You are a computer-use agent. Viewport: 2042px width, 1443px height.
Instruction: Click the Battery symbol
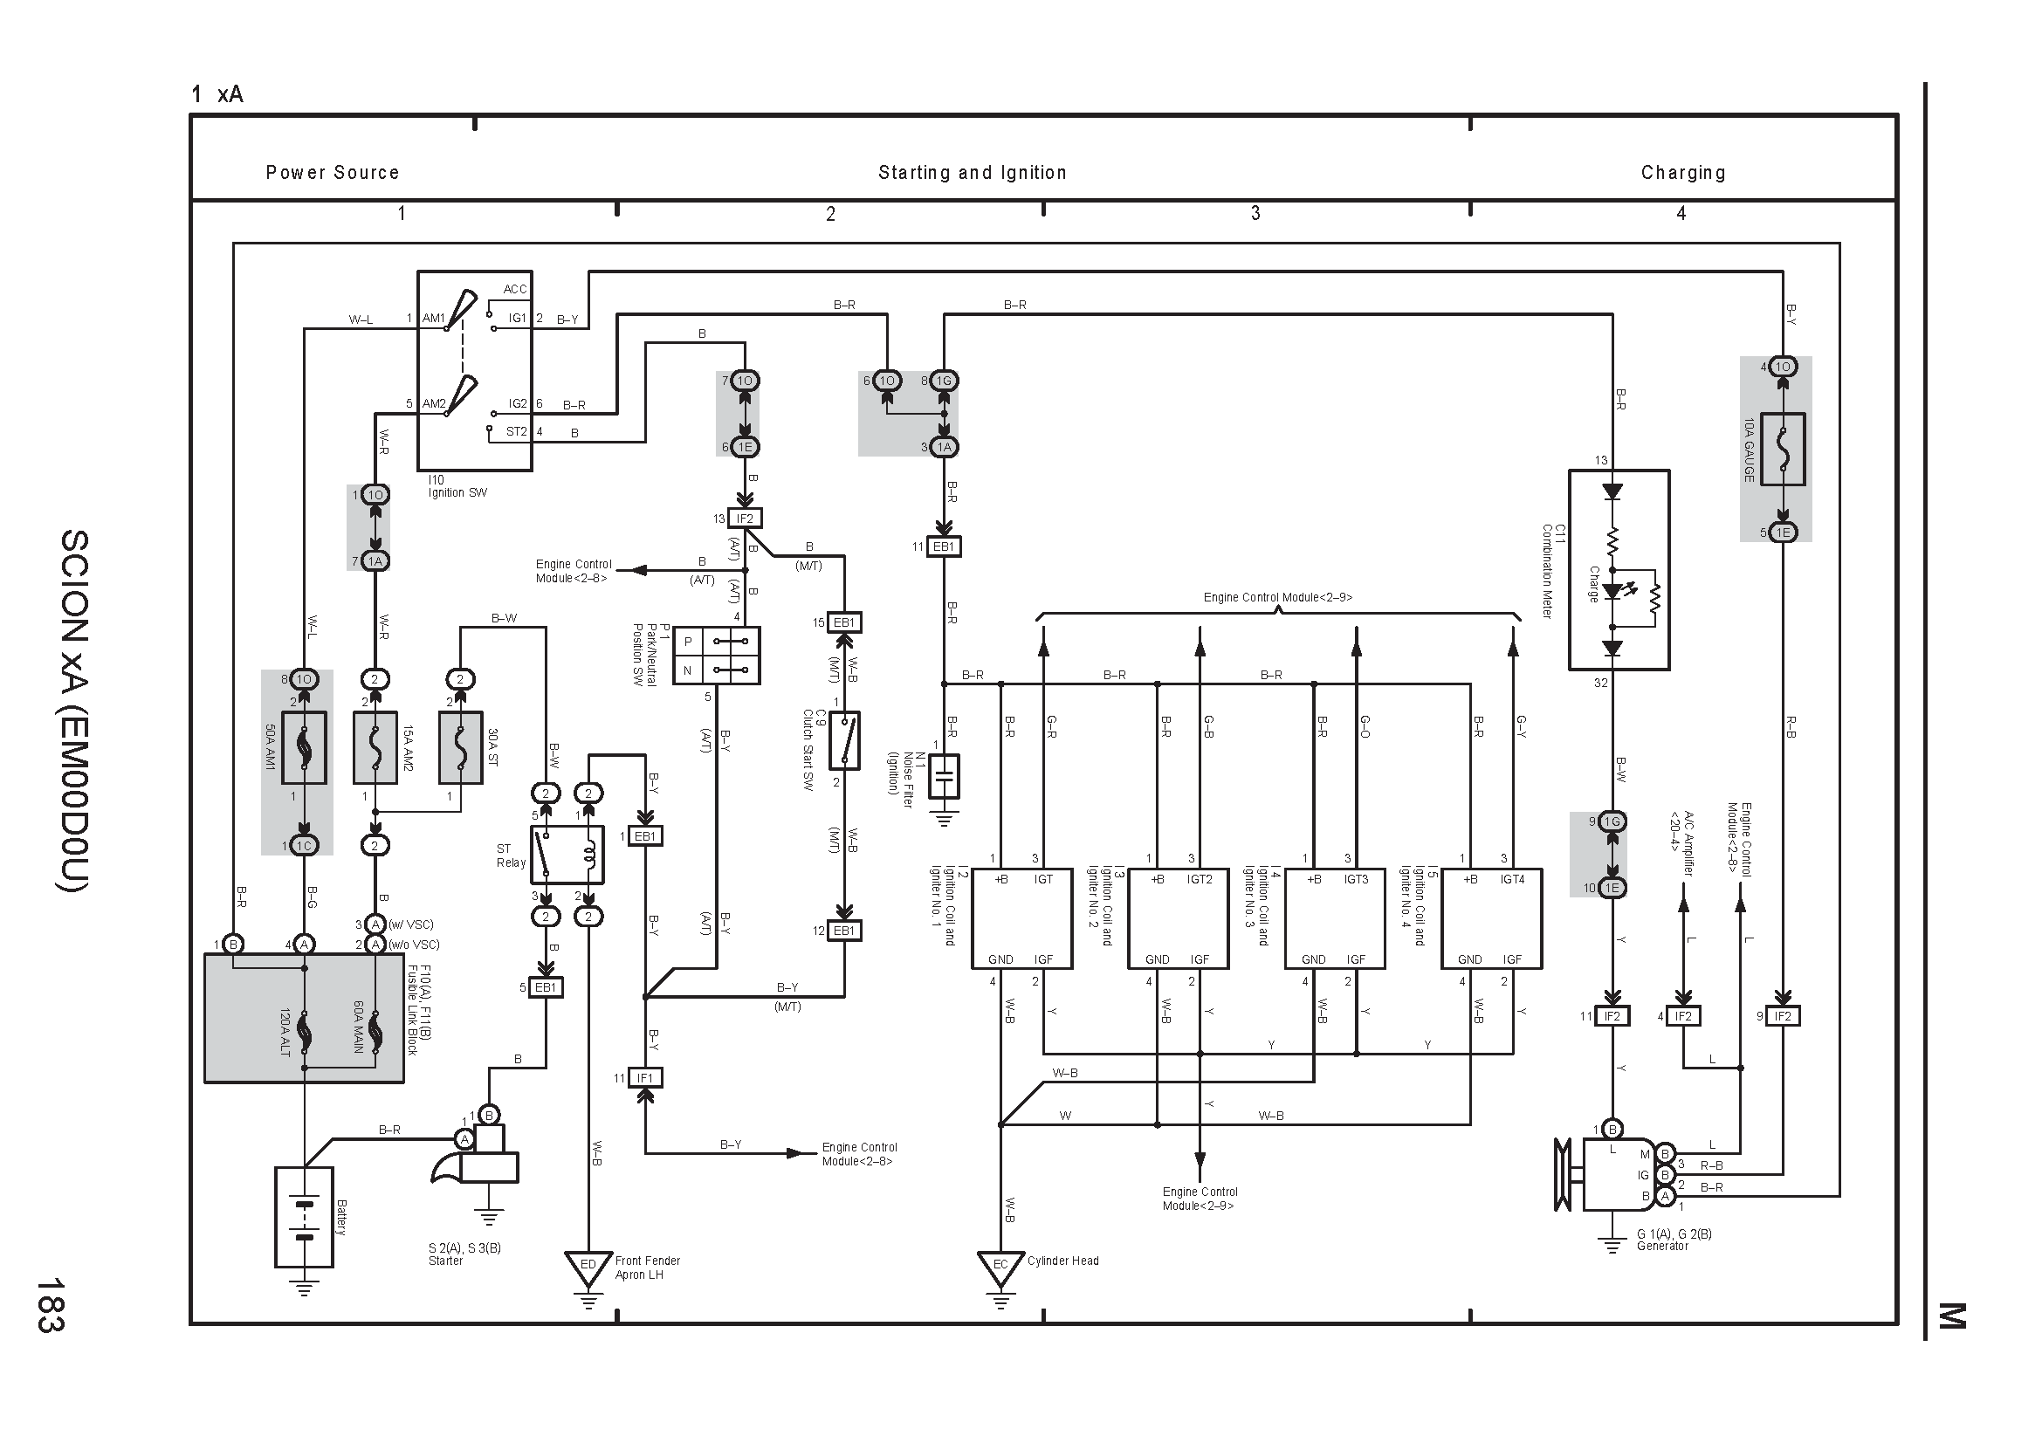(304, 1216)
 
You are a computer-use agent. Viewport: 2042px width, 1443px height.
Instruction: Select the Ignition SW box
(475, 371)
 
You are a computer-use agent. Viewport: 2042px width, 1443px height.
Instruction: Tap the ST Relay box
(567, 855)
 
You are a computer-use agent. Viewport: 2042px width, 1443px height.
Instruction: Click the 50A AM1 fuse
(304, 748)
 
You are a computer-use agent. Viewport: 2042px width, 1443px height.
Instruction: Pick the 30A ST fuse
(461, 748)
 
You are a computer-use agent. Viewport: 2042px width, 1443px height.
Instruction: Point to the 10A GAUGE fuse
(1783, 449)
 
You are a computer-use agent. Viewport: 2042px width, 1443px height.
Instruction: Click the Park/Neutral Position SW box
(717, 656)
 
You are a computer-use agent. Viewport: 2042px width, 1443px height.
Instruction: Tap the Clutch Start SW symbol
(844, 739)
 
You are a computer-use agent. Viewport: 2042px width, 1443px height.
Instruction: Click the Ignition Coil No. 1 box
(1021, 918)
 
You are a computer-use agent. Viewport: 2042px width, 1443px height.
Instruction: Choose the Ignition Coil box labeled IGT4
(1491, 918)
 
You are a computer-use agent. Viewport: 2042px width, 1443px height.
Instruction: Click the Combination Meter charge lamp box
(1619, 570)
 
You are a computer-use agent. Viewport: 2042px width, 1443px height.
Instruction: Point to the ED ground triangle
(588, 1268)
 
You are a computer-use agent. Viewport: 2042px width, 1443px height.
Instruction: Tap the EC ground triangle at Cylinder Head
(1000, 1268)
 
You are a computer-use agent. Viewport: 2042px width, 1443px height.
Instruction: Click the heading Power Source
(333, 173)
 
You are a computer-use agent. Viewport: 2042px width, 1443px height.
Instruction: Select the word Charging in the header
(1682, 173)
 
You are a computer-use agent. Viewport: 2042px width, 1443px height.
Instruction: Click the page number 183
(50, 1304)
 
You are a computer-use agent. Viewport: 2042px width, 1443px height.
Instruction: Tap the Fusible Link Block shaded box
(304, 1018)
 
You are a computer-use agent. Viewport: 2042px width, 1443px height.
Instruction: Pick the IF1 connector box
(646, 1077)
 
